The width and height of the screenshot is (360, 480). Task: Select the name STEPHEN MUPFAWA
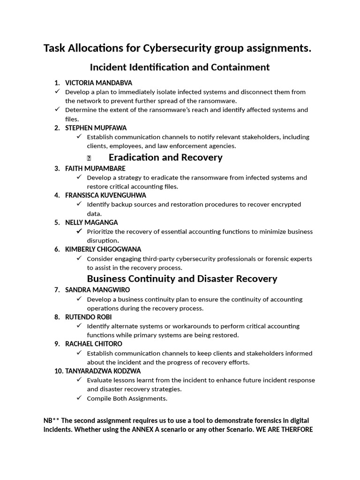[96, 128]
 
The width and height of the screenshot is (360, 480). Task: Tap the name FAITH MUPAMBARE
[95, 168]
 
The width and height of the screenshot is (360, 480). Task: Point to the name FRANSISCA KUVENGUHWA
[105, 195]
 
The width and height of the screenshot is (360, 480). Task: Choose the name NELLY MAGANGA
[91, 222]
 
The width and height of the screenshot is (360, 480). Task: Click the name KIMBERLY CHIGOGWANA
[103, 249]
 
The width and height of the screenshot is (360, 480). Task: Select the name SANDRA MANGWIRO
[97, 290]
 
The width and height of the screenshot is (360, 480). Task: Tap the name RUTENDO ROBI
[88, 317]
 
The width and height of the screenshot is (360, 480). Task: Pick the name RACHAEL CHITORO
[94, 344]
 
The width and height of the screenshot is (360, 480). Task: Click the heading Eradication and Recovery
[165, 157]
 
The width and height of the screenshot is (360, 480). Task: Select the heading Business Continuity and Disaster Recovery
[182, 279]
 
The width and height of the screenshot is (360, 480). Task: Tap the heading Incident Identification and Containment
[180, 67]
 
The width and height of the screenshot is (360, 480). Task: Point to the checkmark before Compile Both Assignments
[79, 398]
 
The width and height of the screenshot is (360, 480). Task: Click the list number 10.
[58, 371]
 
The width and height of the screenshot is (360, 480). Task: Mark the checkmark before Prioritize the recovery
[79, 231]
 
